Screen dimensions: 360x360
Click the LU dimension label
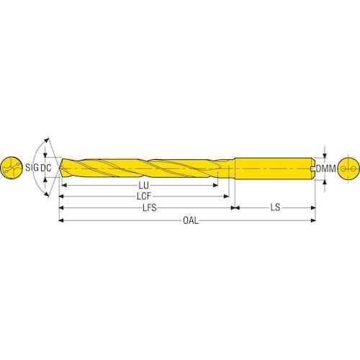[x=143, y=185]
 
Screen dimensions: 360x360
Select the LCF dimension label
[x=144, y=197]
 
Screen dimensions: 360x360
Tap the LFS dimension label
[x=150, y=207]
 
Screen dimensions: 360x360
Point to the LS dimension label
[x=275, y=207]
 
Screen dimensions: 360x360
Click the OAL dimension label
[x=191, y=220]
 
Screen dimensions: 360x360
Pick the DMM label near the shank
[x=325, y=168]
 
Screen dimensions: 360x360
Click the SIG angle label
[x=32, y=168]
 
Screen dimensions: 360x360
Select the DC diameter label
[x=45, y=168]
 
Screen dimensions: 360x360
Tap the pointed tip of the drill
[x=60, y=168]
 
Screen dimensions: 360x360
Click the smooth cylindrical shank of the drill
[x=274, y=168]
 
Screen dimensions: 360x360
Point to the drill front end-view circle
[x=12, y=168]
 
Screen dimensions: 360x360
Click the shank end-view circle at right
[x=348, y=168]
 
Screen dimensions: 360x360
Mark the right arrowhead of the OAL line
[x=313, y=220]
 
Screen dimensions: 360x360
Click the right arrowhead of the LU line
[x=215, y=185]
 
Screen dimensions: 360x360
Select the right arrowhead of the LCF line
[x=226, y=197]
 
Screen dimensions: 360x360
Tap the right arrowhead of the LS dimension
[x=313, y=207]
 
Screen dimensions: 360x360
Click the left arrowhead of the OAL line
[x=61, y=220]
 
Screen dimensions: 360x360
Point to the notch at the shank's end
[x=312, y=168]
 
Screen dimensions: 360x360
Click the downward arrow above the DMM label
[x=325, y=155]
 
